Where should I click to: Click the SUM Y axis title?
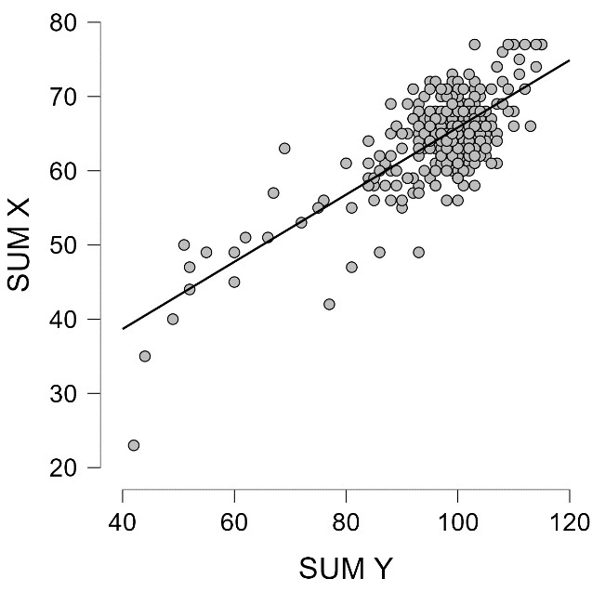coord(346,568)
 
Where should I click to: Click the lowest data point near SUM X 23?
coord(134,445)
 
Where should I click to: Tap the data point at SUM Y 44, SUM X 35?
coord(145,356)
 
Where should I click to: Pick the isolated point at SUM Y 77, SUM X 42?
coord(329,304)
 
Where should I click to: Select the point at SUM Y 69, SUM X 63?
coord(284,148)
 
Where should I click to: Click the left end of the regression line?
coord(123,328)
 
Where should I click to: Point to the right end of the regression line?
coord(569,60)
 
